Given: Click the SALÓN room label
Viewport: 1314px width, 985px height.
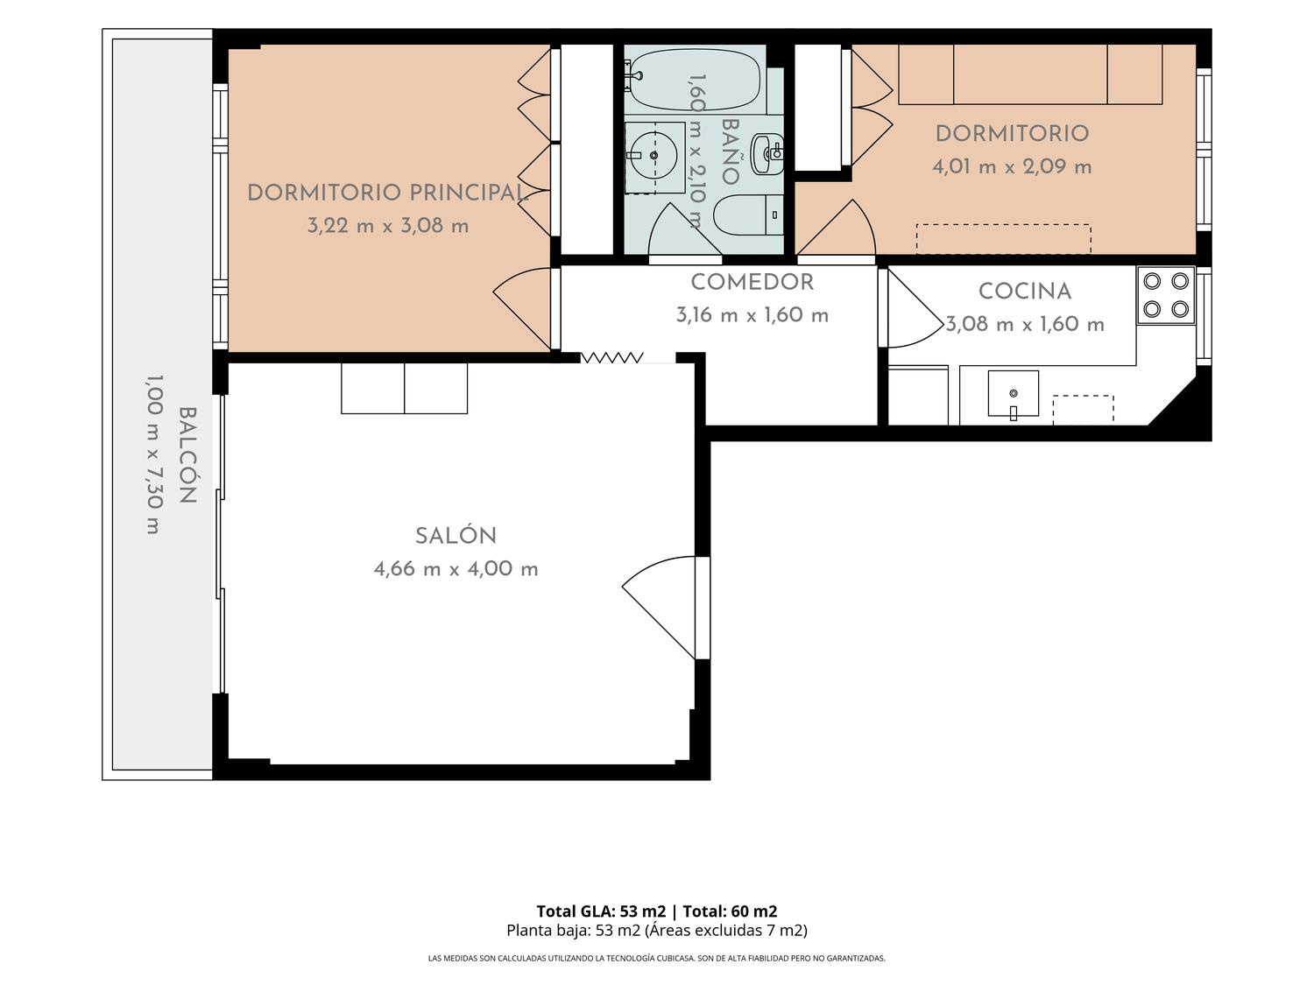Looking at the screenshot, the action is click(456, 536).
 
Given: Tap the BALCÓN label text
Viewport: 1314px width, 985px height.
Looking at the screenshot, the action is click(188, 455).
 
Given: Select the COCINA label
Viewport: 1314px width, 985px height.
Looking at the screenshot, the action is click(1024, 292).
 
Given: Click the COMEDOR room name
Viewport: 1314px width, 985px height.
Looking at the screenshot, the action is click(752, 282).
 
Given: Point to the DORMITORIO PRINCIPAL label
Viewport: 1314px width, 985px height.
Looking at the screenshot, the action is click(387, 193).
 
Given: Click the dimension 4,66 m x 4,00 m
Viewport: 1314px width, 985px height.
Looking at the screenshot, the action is click(456, 568).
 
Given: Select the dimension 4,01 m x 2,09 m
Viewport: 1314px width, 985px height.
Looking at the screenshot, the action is click(1012, 166).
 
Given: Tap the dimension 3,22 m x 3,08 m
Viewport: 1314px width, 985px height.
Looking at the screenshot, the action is click(387, 226).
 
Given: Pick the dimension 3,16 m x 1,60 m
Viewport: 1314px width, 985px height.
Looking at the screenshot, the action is click(752, 314).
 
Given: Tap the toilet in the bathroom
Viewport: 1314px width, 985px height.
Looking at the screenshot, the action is click(748, 215).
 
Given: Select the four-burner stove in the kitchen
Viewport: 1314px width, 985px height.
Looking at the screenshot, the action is click(1166, 295).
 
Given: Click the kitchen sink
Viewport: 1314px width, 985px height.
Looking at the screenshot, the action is click(1013, 394).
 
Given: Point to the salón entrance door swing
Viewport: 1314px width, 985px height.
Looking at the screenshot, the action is click(659, 607).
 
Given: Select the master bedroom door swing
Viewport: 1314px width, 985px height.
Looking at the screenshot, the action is click(522, 308).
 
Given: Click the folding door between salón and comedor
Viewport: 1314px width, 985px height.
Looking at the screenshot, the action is click(611, 358).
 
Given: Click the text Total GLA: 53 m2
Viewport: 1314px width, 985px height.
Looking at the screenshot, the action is click(600, 911).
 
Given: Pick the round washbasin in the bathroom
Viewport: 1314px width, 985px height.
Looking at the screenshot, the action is click(653, 156).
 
